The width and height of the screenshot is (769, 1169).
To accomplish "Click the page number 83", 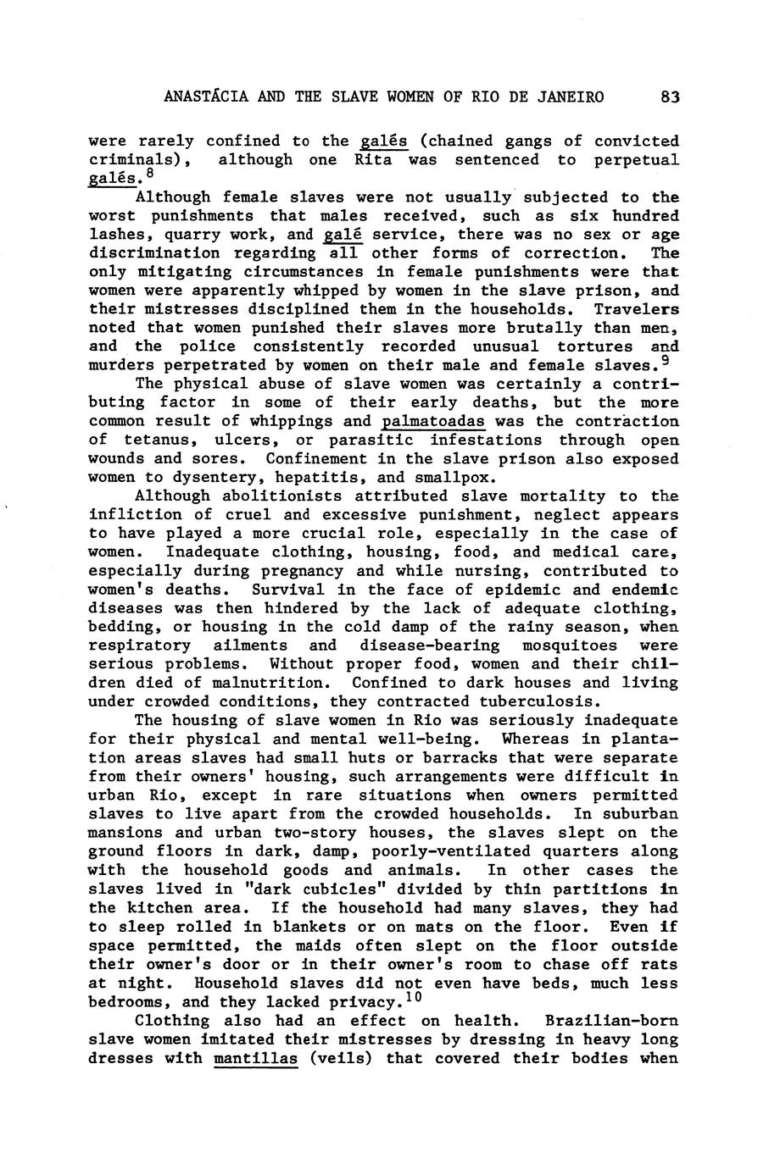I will point(670,97).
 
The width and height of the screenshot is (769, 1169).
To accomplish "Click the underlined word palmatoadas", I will point(433,422).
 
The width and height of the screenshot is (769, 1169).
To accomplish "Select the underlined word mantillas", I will point(256,1058).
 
